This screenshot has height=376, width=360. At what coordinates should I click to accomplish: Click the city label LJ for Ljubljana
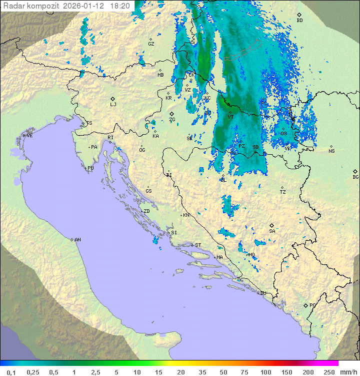(x=113, y=105)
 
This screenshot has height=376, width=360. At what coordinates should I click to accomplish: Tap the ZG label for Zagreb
(x=172, y=120)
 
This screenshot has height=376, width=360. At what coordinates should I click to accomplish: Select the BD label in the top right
(x=299, y=21)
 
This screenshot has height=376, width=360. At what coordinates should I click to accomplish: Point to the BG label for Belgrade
(x=355, y=177)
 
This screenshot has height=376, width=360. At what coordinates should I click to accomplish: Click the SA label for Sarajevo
(x=272, y=231)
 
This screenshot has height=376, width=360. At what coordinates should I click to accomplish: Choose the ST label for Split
(x=198, y=245)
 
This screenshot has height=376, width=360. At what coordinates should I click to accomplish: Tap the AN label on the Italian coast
(x=77, y=240)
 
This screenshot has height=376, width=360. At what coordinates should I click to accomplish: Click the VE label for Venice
(x=29, y=136)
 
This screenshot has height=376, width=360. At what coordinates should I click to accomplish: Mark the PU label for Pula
(x=90, y=168)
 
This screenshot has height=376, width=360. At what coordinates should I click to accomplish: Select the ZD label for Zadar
(x=146, y=211)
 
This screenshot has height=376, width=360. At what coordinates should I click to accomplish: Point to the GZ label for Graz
(x=151, y=44)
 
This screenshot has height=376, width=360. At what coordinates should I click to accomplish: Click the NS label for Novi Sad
(x=331, y=151)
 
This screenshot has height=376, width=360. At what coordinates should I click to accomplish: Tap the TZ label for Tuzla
(x=283, y=192)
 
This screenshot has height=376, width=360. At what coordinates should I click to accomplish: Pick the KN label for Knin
(x=186, y=215)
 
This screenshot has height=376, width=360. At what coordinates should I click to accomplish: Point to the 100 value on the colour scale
(x=265, y=372)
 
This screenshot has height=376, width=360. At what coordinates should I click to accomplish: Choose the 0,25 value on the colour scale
(x=33, y=372)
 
